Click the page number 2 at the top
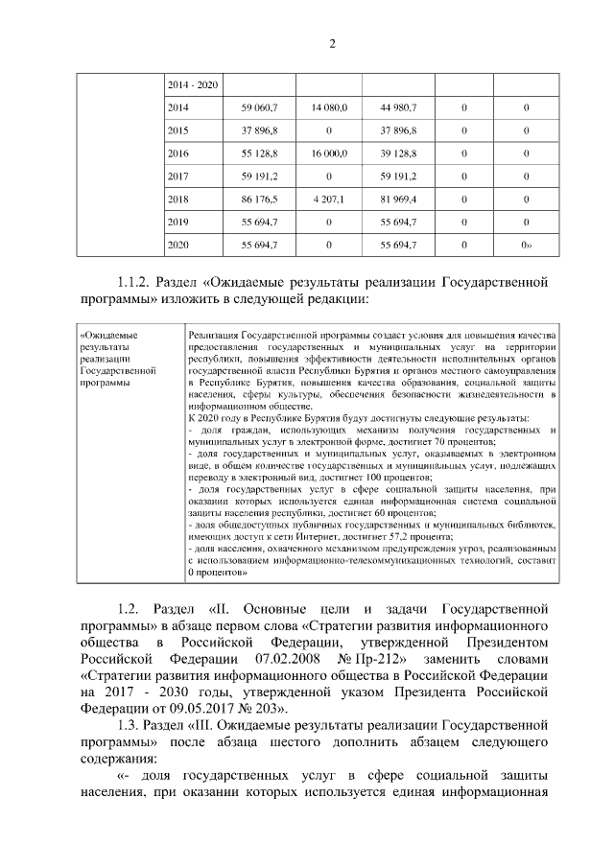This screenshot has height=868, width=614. [x=331, y=43]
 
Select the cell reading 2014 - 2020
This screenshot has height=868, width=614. [x=192, y=85]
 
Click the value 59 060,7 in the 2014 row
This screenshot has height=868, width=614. [x=259, y=107]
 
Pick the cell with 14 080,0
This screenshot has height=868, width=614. [x=329, y=107]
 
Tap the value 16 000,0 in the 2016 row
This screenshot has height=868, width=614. [x=329, y=153]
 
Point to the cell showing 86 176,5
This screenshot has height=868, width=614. [x=259, y=199]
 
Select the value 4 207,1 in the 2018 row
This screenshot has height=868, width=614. [x=329, y=199]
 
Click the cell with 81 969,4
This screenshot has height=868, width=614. [x=398, y=199]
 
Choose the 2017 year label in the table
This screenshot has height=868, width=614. [x=177, y=176]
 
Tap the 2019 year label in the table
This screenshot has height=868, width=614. [x=177, y=223]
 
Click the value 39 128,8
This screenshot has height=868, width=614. [x=398, y=153]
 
